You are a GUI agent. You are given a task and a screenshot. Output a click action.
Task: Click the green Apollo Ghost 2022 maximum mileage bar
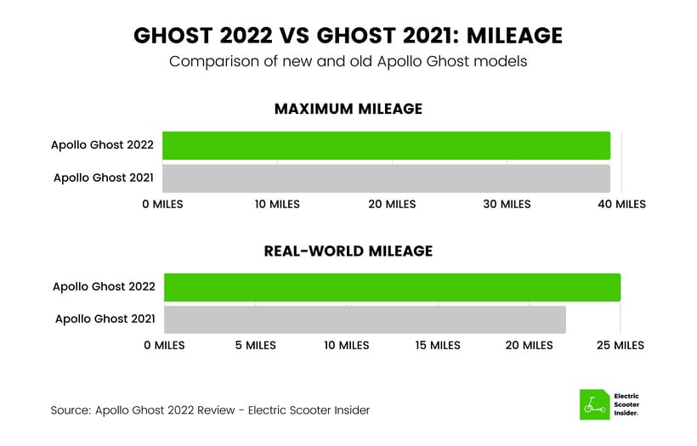pyautogui.click(x=386, y=146)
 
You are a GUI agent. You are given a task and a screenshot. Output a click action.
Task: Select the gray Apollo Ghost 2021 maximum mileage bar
pyautogui.click(x=386, y=178)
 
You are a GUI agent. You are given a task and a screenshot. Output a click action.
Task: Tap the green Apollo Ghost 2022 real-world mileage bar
pyautogui.click(x=393, y=287)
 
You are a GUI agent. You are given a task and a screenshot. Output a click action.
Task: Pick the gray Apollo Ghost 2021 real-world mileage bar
pyautogui.click(x=365, y=319)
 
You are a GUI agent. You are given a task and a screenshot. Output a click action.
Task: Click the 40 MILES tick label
pyautogui.click(x=621, y=205)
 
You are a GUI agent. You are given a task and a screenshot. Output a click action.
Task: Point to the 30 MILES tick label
pyautogui.click(x=507, y=205)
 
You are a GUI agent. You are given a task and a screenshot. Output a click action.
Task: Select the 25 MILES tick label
pyautogui.click(x=620, y=345)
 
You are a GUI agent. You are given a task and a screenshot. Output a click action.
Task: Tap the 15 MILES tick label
pyautogui.click(x=438, y=345)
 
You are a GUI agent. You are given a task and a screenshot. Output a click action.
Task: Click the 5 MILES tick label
pyautogui.click(x=256, y=345)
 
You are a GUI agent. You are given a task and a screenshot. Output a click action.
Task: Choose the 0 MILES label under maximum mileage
pyautogui.click(x=162, y=205)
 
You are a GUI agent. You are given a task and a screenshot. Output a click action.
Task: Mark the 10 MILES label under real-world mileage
pyautogui.click(x=347, y=345)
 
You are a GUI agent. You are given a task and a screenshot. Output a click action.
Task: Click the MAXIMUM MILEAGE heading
pyautogui.click(x=348, y=109)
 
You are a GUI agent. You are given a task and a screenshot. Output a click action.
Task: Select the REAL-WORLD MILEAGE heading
pyautogui.click(x=348, y=251)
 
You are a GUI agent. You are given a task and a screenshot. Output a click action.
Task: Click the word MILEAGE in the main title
pyautogui.click(x=515, y=36)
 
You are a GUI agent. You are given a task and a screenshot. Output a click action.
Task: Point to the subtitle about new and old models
pyautogui.click(x=348, y=61)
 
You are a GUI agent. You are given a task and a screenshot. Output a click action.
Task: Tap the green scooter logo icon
pyautogui.click(x=595, y=404)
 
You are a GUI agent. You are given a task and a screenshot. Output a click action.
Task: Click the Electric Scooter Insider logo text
pyautogui.click(x=626, y=404)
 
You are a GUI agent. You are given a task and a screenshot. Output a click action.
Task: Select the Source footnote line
pyautogui.click(x=210, y=410)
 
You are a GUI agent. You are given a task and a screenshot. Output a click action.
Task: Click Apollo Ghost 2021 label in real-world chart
pyautogui.click(x=105, y=319)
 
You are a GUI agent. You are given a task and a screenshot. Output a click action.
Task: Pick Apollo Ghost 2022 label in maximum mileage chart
pyautogui.click(x=102, y=144)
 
